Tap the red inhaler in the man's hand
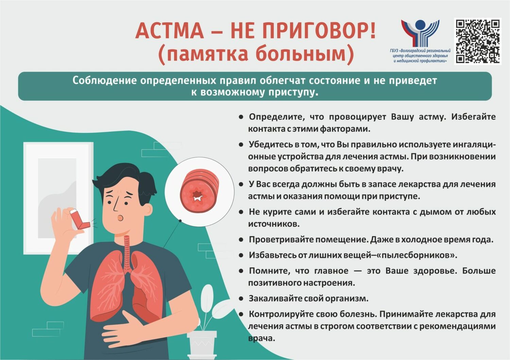[x=80, y=219]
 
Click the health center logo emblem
[x=420, y=33]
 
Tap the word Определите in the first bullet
[x=277, y=117]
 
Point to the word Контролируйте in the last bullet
[x=283, y=314]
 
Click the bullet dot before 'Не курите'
[x=241, y=212]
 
